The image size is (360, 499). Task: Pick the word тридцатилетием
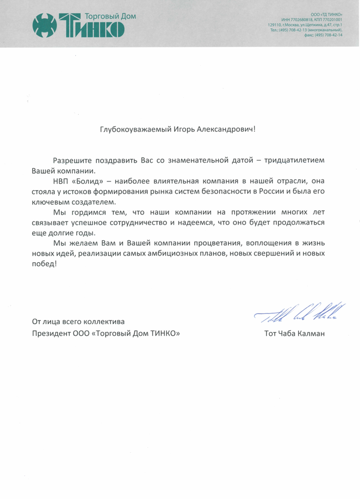tap(295, 160)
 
